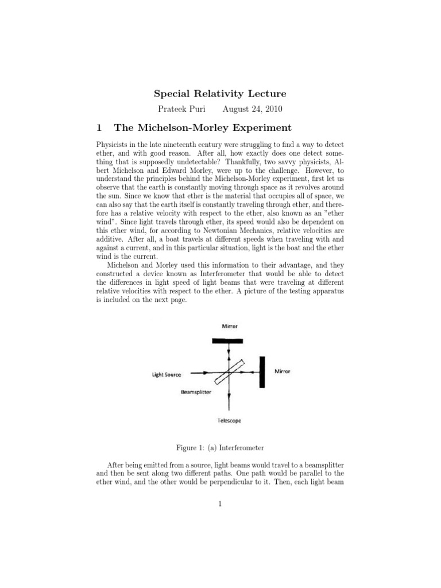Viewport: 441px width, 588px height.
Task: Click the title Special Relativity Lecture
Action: (221, 93)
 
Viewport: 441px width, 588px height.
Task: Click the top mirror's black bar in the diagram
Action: (228, 341)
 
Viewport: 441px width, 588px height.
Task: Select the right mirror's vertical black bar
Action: (262, 372)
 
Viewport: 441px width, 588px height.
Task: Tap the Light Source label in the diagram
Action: (166, 375)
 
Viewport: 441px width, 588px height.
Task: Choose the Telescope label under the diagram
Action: (229, 420)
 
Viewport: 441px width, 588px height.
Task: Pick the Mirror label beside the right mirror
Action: (283, 372)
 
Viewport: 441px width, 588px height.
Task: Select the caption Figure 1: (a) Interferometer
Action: (220, 447)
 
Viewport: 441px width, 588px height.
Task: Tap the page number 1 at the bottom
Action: (220, 504)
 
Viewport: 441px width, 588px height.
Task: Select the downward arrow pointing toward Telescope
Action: (229, 396)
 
